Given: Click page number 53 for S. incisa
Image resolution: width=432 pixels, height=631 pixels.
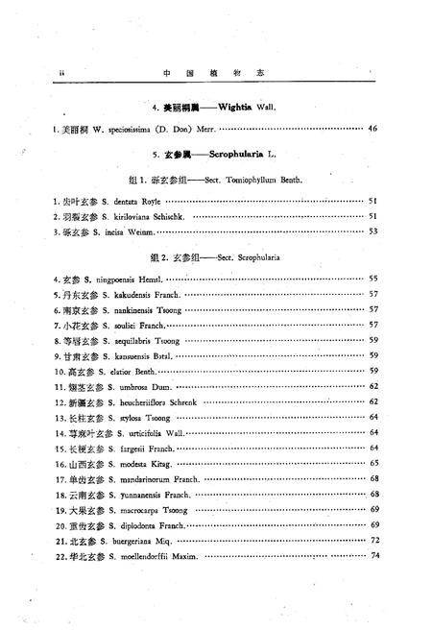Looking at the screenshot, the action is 373,231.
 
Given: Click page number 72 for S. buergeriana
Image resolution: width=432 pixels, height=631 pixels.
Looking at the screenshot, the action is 373,541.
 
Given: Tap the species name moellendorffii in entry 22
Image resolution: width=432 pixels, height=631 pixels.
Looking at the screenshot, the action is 144,556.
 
